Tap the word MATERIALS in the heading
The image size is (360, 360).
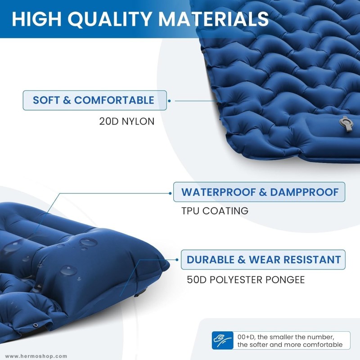(213, 18)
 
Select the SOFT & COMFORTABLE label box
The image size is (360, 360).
(95, 100)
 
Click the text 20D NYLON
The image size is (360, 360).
(127, 121)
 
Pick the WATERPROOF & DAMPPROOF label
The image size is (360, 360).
(259, 192)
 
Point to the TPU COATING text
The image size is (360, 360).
(215, 211)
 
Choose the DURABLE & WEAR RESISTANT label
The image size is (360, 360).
(263, 260)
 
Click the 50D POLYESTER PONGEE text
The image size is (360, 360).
(246, 279)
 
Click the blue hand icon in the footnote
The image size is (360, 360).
(222, 340)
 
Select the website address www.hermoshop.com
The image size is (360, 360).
(36, 356)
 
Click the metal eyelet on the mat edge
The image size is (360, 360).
(36, 325)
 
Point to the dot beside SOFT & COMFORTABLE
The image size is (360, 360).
(170, 101)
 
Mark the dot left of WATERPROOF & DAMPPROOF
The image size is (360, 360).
(170, 193)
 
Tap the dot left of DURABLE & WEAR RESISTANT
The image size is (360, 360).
(177, 260)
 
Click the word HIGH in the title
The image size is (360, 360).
(37, 19)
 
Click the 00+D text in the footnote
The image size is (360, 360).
(247, 337)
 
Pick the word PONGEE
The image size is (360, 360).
(285, 279)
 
